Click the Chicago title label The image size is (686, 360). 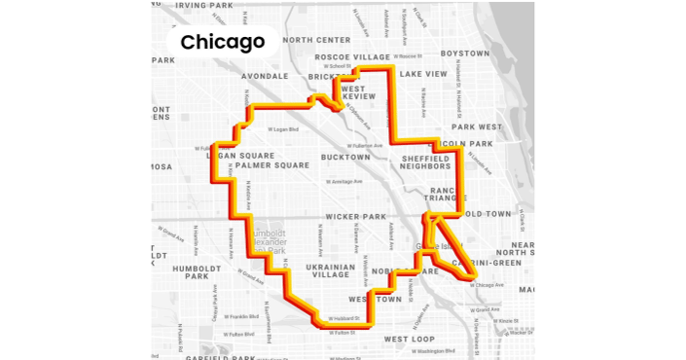tap(223, 42)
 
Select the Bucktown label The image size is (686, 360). tap(345, 157)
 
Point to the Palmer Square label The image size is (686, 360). tap(272, 165)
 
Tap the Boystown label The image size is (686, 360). tap(465, 54)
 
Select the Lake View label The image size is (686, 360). tap(423, 74)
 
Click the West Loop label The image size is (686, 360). tap(409, 339)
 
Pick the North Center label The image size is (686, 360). tap(316, 40)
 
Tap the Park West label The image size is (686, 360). tap(477, 126)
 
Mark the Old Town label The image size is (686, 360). tap(487, 213)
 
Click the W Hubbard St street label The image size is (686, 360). tap(344, 318)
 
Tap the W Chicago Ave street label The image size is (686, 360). tap(487, 285)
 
